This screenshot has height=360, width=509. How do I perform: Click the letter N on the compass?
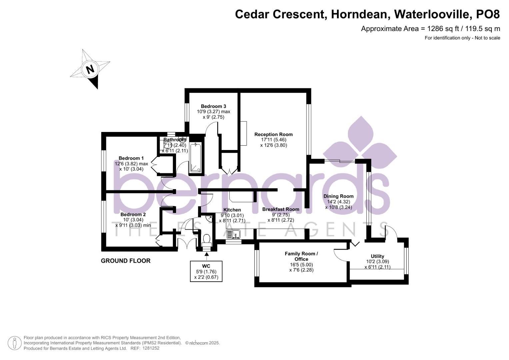[x=90, y=69]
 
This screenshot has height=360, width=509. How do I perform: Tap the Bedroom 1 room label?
[x=131, y=158]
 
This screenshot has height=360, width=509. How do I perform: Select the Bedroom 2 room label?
[x=133, y=214]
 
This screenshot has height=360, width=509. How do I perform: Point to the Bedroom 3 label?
[x=213, y=106]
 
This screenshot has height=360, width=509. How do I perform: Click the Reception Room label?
[x=273, y=134]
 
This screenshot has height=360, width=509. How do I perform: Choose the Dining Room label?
[x=338, y=196]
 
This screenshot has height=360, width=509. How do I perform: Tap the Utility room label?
[x=377, y=256]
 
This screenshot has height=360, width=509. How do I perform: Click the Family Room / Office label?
[x=301, y=256]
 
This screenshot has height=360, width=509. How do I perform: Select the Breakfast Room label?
[x=281, y=209]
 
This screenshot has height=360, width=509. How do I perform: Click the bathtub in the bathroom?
[x=196, y=158]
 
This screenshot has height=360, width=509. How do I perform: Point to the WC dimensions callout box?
[x=206, y=271]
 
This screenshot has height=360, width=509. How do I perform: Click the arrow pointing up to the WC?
[x=206, y=256]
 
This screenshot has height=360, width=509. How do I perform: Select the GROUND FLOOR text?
[x=126, y=261]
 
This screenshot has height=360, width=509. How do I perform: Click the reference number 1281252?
[x=151, y=348]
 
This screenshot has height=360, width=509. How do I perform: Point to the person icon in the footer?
[x=15, y=343]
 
